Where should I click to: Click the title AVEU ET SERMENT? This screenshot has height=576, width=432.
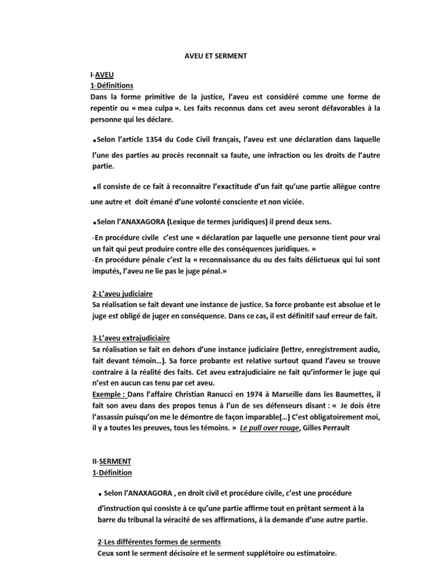(x=216, y=57)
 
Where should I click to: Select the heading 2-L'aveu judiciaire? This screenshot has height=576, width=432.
(x=121, y=294)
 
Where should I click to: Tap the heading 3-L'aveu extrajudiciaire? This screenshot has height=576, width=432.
(x=130, y=339)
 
